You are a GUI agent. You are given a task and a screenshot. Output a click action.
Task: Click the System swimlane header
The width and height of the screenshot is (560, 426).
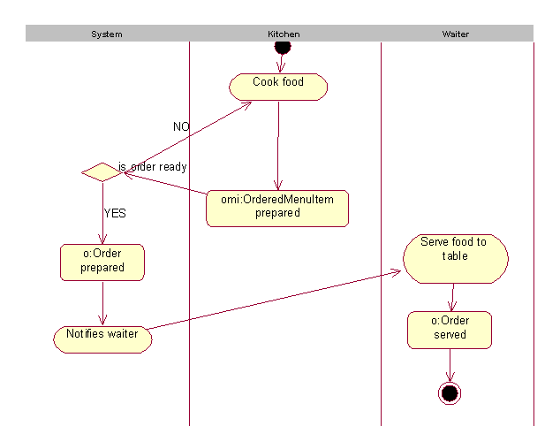tap(107, 34)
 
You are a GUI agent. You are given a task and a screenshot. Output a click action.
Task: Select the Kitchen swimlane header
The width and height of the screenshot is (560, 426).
tap(284, 34)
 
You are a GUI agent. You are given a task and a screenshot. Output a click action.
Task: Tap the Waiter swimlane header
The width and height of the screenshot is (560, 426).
tap(455, 34)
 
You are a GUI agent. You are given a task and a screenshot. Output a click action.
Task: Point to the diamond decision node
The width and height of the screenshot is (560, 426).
tap(102, 172)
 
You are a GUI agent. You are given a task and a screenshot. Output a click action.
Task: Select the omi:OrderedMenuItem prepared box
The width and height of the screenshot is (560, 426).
tap(277, 208)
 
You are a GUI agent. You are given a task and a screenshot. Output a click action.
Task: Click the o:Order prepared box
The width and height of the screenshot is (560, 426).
tap(102, 262)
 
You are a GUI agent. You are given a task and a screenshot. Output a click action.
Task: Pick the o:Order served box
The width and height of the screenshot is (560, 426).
tap(450, 329)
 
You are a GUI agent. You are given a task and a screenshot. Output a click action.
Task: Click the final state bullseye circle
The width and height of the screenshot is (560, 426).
tap(450, 392)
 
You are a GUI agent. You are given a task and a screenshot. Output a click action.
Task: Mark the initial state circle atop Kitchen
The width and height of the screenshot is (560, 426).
tap(282, 45)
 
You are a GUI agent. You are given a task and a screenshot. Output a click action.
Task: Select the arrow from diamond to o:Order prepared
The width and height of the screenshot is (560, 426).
tap(102, 212)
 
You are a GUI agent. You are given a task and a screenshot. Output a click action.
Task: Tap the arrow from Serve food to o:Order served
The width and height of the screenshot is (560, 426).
tap(452, 297)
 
